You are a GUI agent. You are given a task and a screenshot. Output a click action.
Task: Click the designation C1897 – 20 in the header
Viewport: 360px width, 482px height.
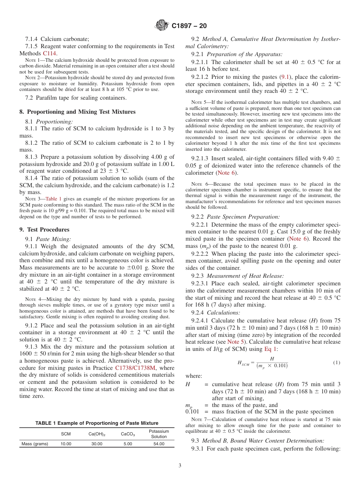pos(189,26)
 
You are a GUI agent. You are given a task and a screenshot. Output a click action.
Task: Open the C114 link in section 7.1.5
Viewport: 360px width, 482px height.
pos(50,53)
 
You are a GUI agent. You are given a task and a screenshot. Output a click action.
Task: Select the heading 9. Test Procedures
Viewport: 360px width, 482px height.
pos(44,230)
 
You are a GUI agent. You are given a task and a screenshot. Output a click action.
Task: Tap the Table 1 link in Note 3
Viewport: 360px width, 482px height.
pos(53,199)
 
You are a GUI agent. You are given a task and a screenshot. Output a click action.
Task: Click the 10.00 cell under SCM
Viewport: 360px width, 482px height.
pos(66,444)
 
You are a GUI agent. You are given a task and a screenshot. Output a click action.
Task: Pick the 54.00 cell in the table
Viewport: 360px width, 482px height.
pos(159,444)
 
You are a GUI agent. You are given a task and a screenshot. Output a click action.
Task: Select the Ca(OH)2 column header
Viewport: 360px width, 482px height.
pos(97,434)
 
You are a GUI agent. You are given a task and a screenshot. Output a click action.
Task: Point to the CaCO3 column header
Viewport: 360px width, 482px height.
pos(128,434)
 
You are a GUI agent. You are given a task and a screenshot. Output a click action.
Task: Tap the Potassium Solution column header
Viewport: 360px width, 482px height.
pos(159,434)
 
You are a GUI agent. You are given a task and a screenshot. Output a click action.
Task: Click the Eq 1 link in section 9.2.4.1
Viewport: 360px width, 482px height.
pos(270,349)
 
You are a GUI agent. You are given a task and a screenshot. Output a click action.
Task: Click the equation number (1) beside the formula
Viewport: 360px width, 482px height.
pos(337,363)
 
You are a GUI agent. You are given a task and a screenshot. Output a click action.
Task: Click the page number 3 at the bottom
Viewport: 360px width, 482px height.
pos(180,466)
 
